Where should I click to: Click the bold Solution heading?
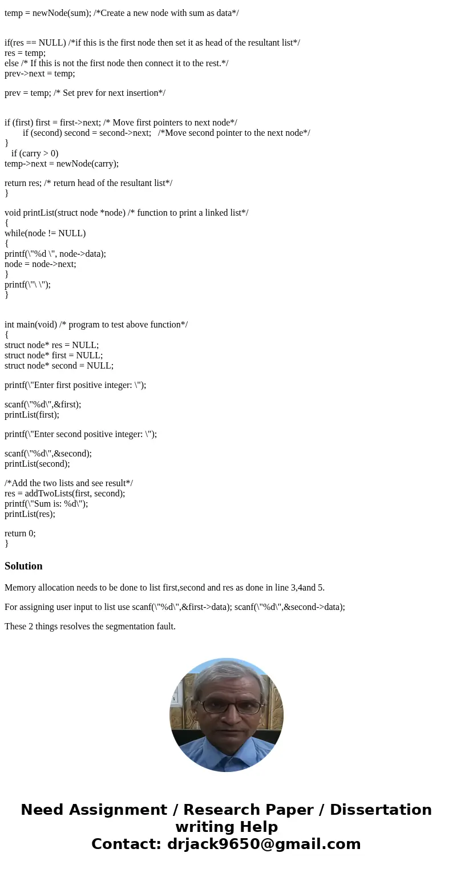[x=23, y=566]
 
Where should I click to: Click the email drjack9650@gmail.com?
[x=264, y=844]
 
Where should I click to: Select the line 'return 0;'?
[x=20, y=533]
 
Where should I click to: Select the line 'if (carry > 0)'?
[x=35, y=153]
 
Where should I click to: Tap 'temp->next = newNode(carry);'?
[x=62, y=163]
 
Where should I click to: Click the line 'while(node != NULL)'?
[x=45, y=233]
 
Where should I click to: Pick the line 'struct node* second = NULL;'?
[x=59, y=365]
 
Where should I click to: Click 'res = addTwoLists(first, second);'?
[x=64, y=493]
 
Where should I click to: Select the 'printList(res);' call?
[x=30, y=514]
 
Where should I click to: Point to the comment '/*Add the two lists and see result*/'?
[x=68, y=483]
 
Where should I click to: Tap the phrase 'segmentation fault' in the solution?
[x=140, y=626]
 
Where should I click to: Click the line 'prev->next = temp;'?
[x=39, y=73]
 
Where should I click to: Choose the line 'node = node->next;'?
[x=40, y=264]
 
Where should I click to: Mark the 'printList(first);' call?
[x=32, y=414]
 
